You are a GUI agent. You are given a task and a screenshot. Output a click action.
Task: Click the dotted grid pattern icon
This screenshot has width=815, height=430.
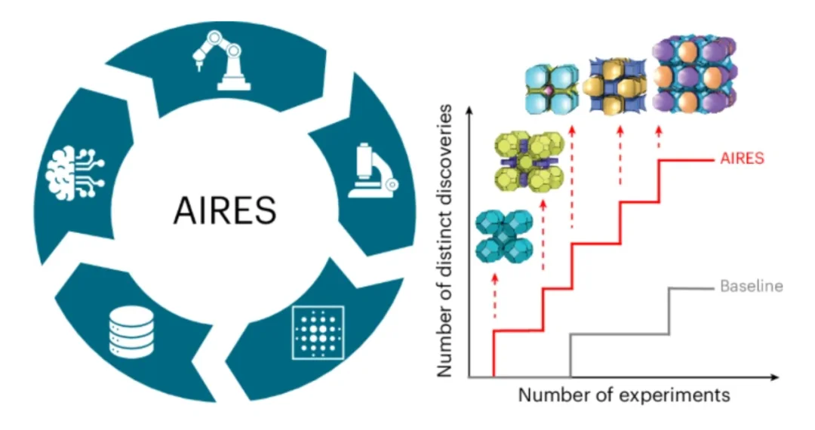pos(318,333)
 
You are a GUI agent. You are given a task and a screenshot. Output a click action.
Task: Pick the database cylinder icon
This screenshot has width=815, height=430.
pos(131,333)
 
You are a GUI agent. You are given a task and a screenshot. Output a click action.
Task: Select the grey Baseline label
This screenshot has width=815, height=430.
pos(751,287)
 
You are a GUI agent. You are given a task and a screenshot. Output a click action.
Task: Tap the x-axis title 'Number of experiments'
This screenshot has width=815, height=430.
pos(623,395)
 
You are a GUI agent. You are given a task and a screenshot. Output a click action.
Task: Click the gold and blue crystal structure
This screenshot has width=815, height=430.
pos(617,84)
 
